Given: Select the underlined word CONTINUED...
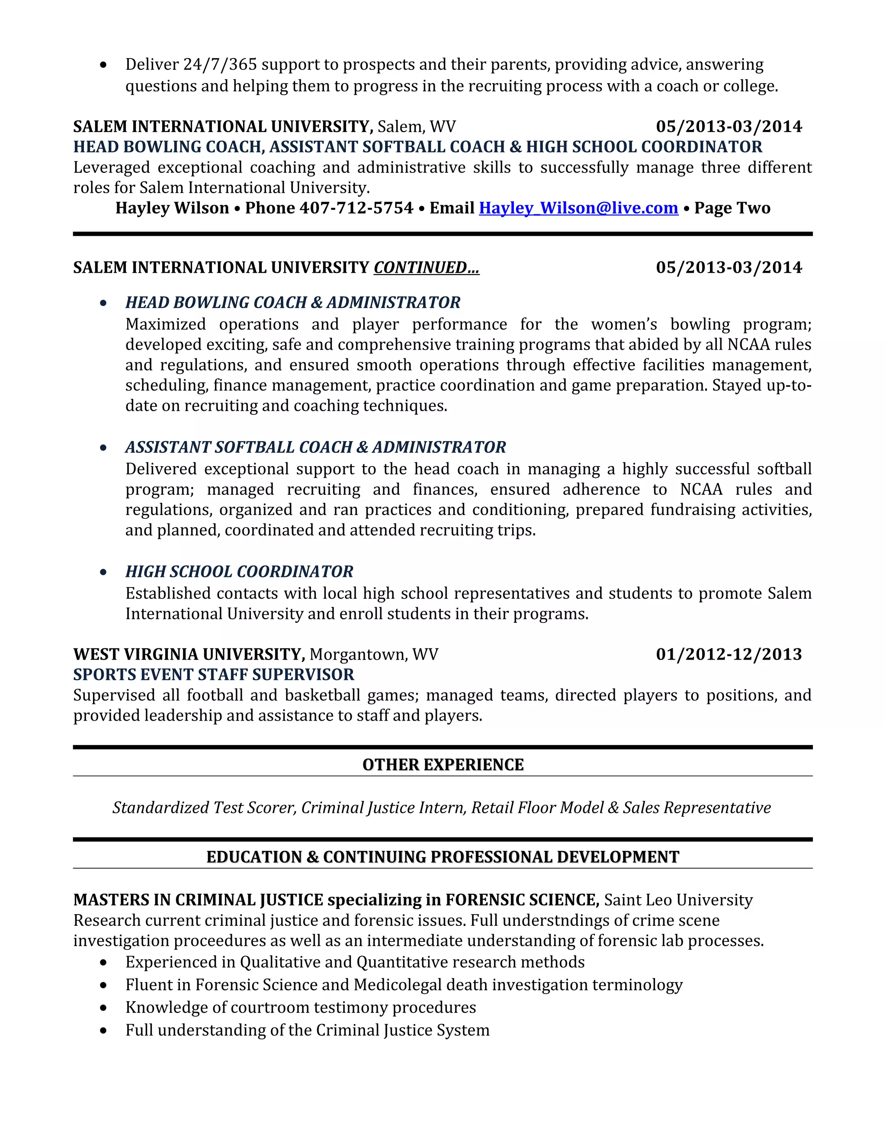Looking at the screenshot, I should coord(426,268).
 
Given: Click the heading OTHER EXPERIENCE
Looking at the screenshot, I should coord(443,765).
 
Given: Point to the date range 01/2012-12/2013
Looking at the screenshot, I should coord(729,654).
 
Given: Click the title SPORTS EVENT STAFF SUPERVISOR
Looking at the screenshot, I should coord(213,675).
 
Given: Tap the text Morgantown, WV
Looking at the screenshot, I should coord(373,654).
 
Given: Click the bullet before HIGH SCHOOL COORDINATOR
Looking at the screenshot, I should coord(103,573).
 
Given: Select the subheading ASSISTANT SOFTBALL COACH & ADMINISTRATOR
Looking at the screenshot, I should coord(315,448).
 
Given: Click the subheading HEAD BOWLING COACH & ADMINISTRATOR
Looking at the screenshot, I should coord(292,303).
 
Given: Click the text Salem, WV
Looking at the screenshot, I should coord(416,126).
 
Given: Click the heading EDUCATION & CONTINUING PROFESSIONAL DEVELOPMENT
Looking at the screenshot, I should coord(443,857).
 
